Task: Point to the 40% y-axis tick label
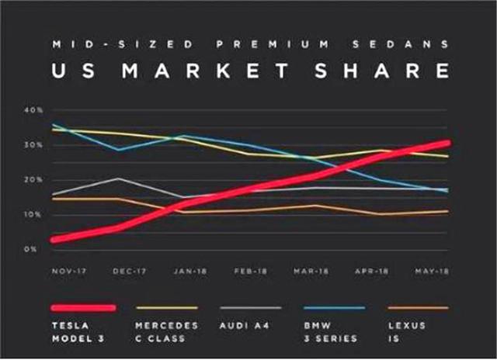pyautogui.click(x=33, y=110)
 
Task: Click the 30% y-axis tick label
pyautogui.click(x=33, y=145)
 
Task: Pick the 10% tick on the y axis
pyautogui.click(x=33, y=214)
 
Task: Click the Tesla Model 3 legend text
pyautogui.click(x=69, y=332)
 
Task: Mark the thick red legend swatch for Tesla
pyautogui.click(x=83, y=308)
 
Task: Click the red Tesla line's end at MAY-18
pyautogui.click(x=447, y=144)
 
